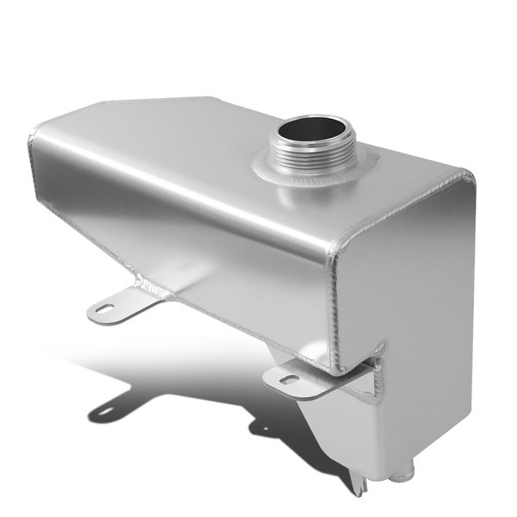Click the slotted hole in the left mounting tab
[106, 308]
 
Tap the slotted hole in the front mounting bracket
[290, 380]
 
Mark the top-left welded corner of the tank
[35, 134]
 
